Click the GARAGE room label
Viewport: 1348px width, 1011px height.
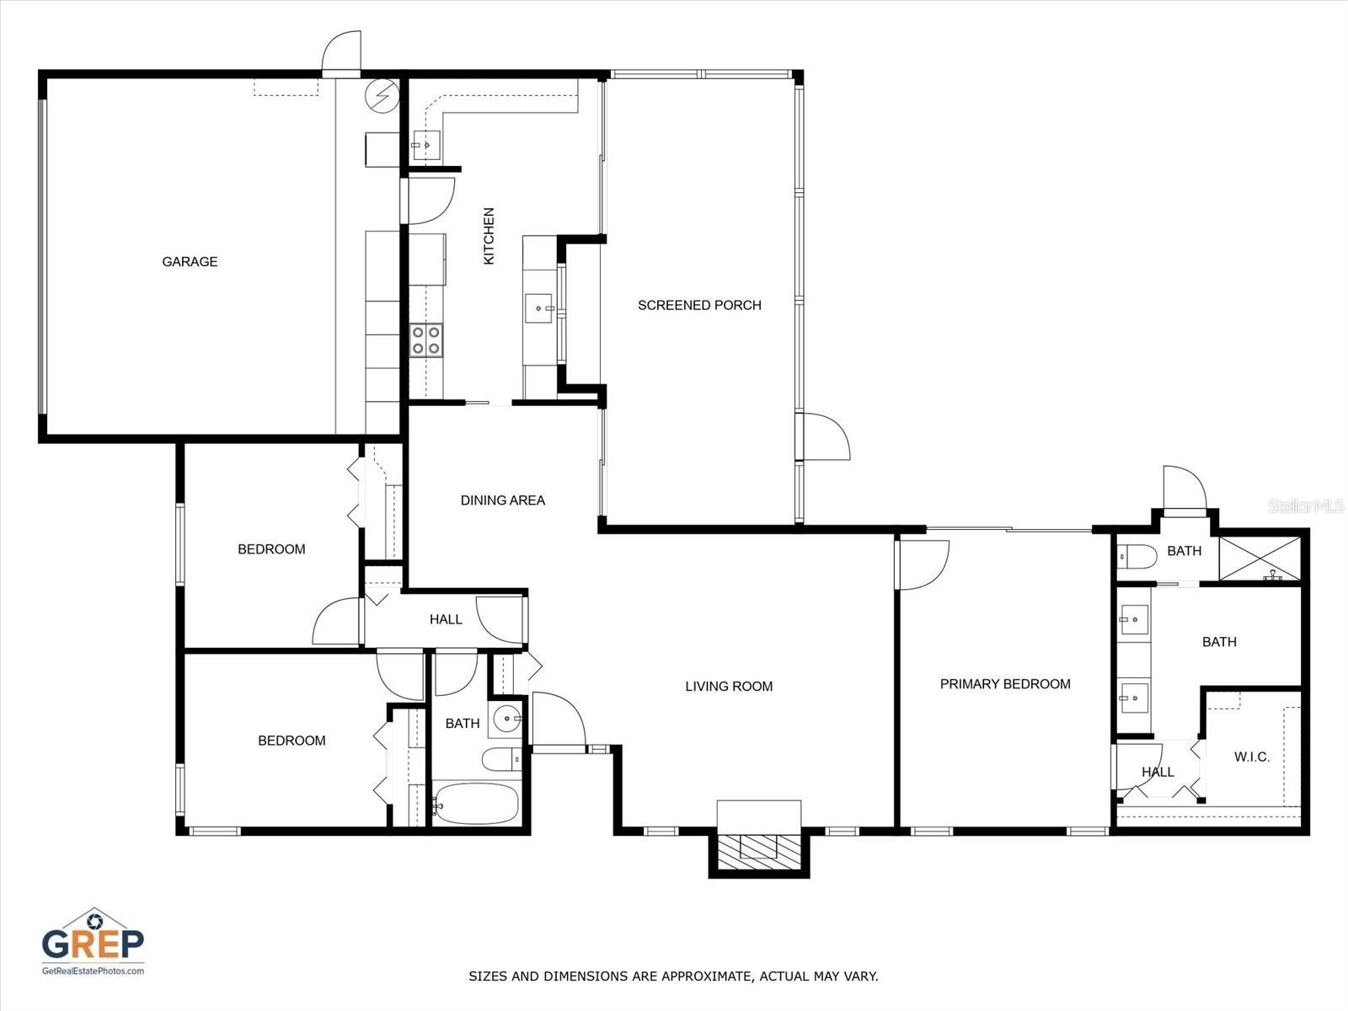[190, 262]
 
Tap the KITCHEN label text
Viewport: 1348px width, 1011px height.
[489, 236]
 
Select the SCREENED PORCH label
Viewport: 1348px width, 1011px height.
[699, 305]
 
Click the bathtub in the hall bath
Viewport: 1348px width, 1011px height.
[475, 805]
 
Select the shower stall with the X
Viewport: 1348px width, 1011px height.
[1260, 559]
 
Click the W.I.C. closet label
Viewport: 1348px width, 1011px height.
[1252, 757]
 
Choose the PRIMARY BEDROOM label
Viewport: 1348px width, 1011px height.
[1005, 684]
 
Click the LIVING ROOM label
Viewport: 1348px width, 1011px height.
[729, 687]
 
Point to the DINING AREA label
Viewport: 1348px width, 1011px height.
[502, 500]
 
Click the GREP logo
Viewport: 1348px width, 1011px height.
[93, 943]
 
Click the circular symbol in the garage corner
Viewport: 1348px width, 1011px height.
[382, 95]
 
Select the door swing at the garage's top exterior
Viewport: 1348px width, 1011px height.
[341, 55]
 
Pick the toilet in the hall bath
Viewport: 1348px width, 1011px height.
[503, 760]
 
